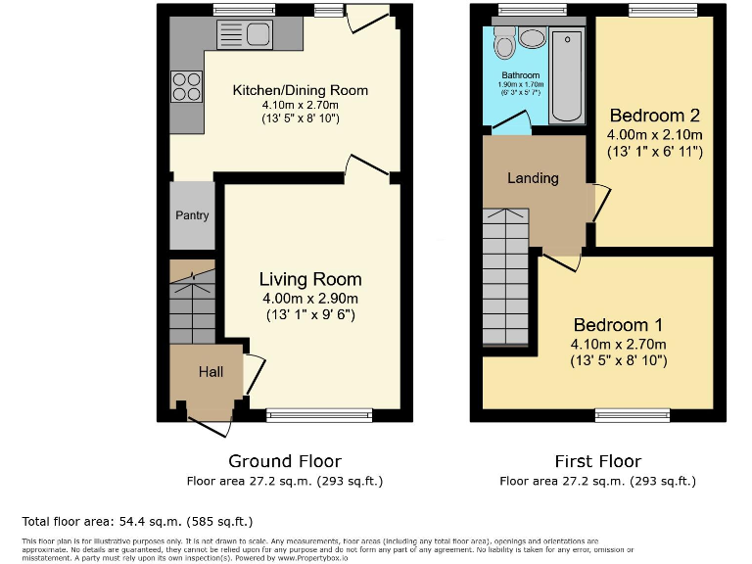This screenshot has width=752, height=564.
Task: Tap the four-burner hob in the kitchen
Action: (186, 88)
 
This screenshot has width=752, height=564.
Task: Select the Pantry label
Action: (192, 215)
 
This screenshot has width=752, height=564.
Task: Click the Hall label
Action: (211, 372)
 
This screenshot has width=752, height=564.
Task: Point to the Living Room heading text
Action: (310, 280)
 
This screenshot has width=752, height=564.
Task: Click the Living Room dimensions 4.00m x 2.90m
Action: (311, 299)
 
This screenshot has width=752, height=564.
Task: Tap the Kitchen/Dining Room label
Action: (300, 90)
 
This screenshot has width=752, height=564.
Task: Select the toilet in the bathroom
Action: (505, 42)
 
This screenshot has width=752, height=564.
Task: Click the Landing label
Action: (533, 178)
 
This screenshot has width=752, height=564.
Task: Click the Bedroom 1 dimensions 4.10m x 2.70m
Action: (619, 344)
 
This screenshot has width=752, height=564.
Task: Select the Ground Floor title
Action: (285, 461)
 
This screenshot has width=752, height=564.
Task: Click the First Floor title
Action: (597, 461)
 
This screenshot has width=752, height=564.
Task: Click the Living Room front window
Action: (319, 415)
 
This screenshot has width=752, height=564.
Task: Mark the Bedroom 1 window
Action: (633, 415)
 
